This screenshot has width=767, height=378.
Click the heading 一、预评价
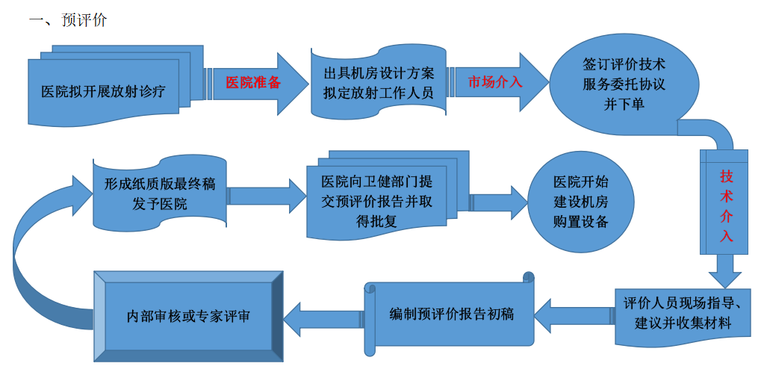pyautogui.click(x=68, y=20)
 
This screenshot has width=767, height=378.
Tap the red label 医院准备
pyautogui.click(x=253, y=83)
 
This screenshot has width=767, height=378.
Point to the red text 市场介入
pyautogui.click(x=495, y=82)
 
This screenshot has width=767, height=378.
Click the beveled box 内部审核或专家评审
pyautogui.click(x=189, y=316)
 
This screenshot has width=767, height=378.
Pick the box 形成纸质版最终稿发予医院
pyautogui.click(x=160, y=193)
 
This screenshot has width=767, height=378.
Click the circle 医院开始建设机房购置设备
pyautogui.click(x=580, y=202)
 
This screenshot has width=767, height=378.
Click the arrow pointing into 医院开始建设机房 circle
pyautogui.click(x=499, y=202)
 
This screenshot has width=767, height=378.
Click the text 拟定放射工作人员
pyautogui.click(x=379, y=93)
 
